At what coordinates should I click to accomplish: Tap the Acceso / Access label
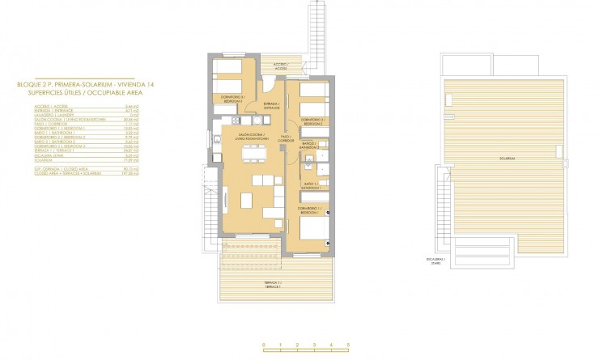(x=280, y=66)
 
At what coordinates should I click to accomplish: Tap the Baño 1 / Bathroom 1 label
(x=310, y=185)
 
